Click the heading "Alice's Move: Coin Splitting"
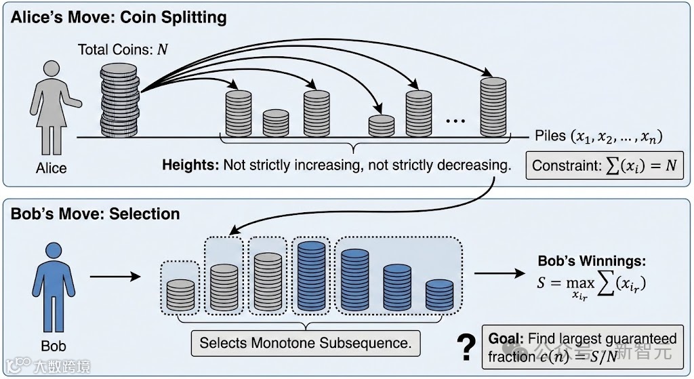point(119,18)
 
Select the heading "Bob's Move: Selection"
point(95,214)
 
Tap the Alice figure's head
point(50,70)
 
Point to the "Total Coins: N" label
point(123,49)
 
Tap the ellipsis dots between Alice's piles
point(455,121)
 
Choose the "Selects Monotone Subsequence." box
point(306,342)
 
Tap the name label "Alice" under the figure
point(51,167)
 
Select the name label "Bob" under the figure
point(54,347)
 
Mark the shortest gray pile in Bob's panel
point(180,294)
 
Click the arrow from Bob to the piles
point(115,276)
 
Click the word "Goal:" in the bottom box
point(506,338)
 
